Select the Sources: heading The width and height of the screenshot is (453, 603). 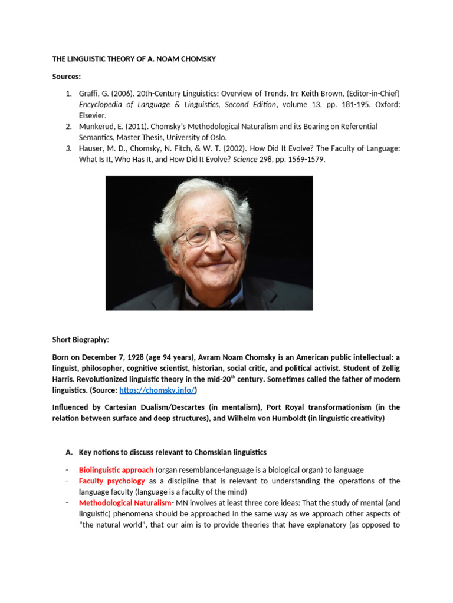tap(67, 77)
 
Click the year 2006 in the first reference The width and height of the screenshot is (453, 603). tap(115, 94)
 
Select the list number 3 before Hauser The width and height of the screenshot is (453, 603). tap(68, 148)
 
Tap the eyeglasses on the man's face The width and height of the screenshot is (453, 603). tap(206, 234)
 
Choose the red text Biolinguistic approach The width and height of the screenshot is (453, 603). tap(116, 470)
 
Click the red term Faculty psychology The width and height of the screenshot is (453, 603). tap(111, 481)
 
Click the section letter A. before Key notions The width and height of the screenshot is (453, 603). tap(68, 452)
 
